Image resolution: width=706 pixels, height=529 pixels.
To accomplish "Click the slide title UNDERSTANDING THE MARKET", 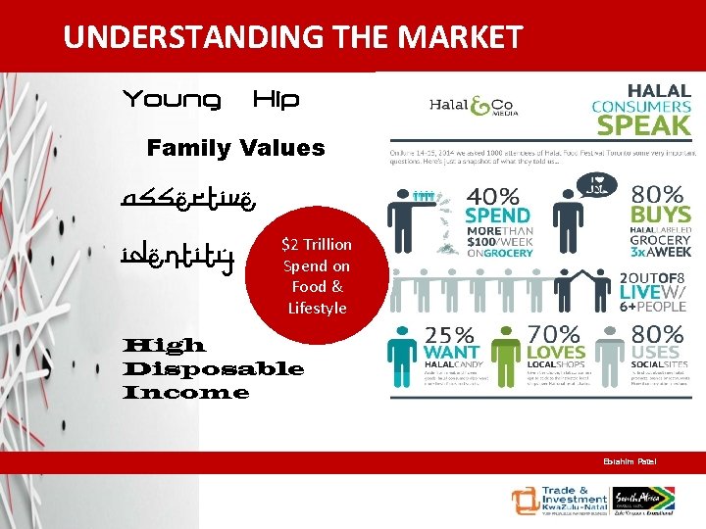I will coord(292,37).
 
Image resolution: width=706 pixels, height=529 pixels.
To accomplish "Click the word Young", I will coord(171,100).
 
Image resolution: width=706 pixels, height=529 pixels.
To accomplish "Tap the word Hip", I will coord(276,100).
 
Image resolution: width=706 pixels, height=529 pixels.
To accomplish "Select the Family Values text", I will coord(235,149).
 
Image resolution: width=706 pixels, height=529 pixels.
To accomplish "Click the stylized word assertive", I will coord(190,201).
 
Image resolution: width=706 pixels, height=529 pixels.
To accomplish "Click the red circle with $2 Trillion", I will coord(317,275).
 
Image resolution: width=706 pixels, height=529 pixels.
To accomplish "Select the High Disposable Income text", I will coord(213,369).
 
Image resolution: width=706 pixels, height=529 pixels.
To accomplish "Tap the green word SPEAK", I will coord(643,125).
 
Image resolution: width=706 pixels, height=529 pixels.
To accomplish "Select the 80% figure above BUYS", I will coord(657,194).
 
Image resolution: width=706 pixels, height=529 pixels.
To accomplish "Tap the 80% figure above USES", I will coord(657,335).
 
